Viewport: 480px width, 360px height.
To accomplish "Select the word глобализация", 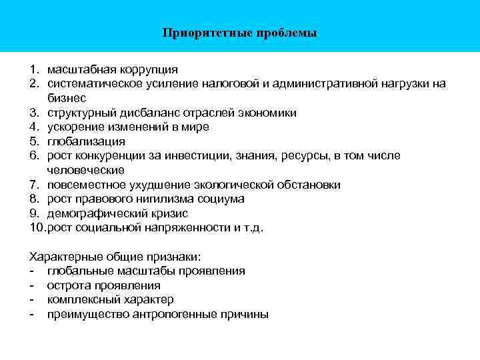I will (x=86, y=141).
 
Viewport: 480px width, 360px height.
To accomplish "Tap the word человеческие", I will (x=86, y=171).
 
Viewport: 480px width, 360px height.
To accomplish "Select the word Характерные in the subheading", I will (x=61, y=257).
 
